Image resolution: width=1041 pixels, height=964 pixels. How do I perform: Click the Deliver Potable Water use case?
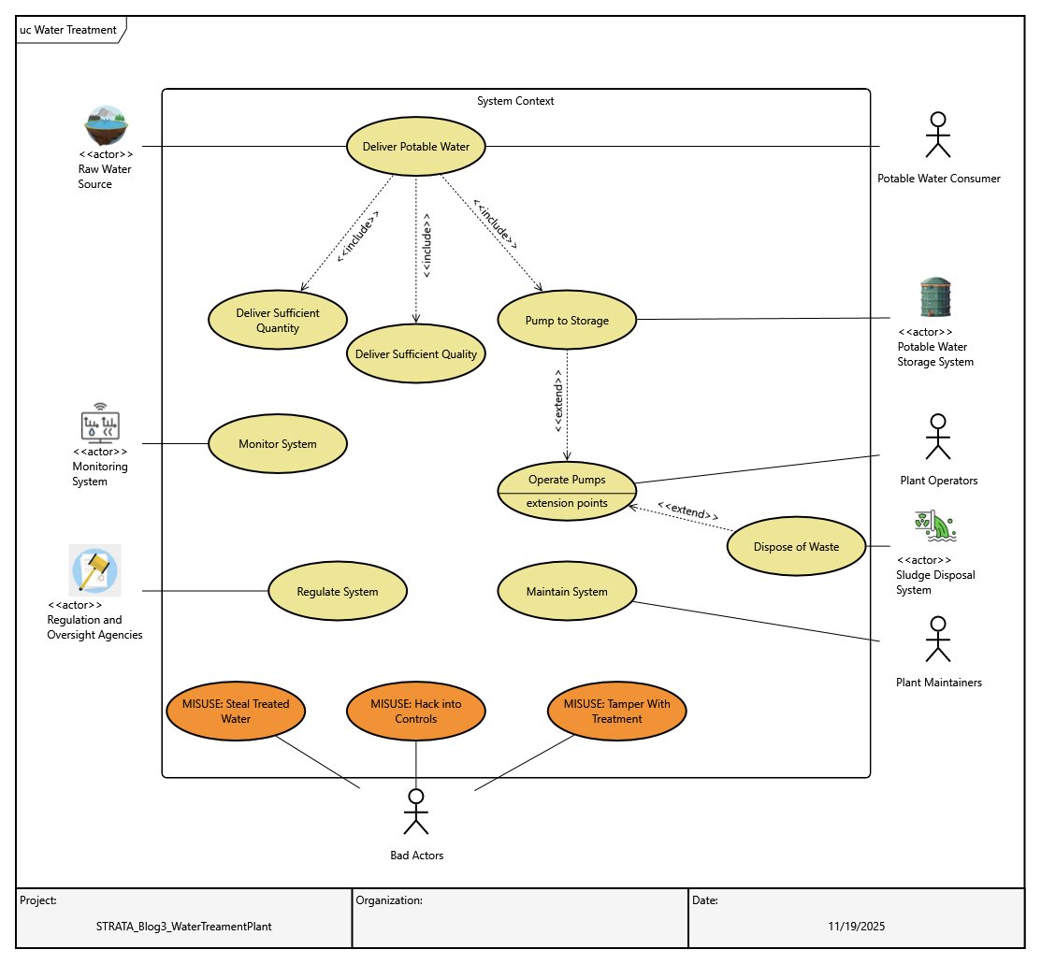click(416, 147)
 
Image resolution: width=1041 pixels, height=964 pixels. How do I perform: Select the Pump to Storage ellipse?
click(567, 321)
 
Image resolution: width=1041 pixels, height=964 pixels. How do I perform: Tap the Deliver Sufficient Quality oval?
click(416, 353)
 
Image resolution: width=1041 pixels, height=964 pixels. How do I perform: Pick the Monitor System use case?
click(278, 444)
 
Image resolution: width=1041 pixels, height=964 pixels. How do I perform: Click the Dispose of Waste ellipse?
click(797, 547)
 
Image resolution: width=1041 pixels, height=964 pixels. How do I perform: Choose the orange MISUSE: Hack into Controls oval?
click(416, 712)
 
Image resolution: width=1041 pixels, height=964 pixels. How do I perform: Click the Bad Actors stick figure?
click(416, 812)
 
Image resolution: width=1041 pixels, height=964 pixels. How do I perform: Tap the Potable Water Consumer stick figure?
click(938, 136)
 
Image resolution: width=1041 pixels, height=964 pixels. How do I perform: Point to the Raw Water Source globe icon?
click(106, 125)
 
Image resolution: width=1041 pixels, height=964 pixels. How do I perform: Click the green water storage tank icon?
click(935, 298)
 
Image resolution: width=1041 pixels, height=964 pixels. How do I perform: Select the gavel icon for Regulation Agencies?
click(95, 570)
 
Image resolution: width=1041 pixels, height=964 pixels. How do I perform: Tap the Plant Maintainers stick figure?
click(938, 640)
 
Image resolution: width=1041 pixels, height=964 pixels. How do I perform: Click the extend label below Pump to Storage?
click(559, 402)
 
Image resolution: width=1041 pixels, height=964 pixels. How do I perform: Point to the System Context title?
click(515, 101)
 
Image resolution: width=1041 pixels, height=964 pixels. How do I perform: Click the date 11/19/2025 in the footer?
click(856, 927)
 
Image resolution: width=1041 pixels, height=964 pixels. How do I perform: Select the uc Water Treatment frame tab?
click(69, 30)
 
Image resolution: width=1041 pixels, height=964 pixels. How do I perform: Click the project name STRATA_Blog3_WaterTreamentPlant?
click(184, 927)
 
